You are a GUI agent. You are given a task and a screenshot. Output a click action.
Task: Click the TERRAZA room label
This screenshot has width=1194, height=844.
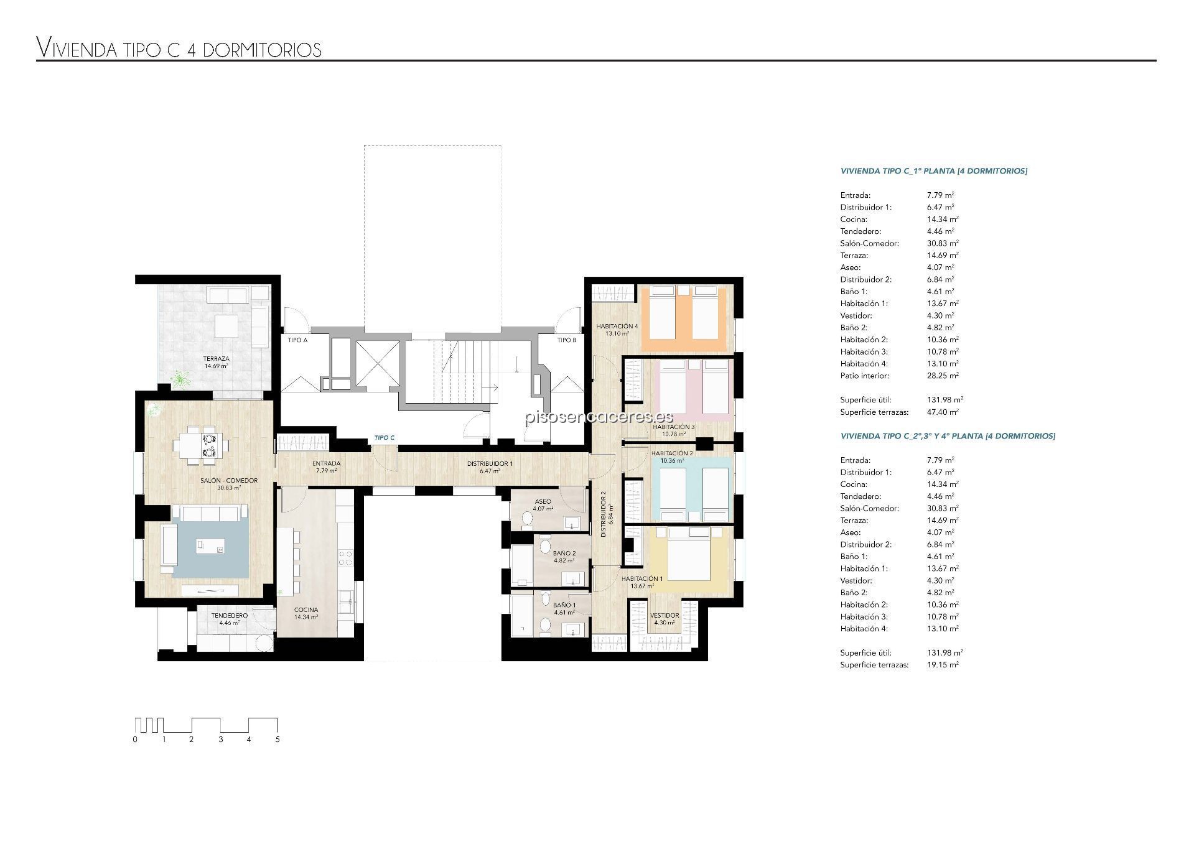pyautogui.click(x=216, y=359)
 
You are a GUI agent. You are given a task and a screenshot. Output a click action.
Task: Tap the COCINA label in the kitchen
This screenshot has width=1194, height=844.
pyautogui.click(x=306, y=610)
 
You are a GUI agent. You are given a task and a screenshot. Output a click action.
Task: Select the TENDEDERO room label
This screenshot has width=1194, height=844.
pyautogui.click(x=230, y=616)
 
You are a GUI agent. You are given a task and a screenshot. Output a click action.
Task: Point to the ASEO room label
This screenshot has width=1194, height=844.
pyautogui.click(x=543, y=501)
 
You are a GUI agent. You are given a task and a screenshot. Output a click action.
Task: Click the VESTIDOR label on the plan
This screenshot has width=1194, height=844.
pyautogui.click(x=665, y=616)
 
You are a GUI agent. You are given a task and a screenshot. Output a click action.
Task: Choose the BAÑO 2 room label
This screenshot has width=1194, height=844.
pyautogui.click(x=564, y=553)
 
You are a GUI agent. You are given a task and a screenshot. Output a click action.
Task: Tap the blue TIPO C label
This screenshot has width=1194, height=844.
pyautogui.click(x=384, y=438)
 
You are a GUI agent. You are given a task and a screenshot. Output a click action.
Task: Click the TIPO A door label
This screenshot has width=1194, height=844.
pyautogui.click(x=297, y=340)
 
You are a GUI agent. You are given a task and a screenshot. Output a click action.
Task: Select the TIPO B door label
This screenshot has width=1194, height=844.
pyautogui.click(x=567, y=340)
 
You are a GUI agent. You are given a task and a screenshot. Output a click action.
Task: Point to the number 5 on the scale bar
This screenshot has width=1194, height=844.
pyautogui.click(x=278, y=740)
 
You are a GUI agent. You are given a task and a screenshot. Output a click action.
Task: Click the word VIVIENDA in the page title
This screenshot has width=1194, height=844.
pyautogui.click(x=77, y=48)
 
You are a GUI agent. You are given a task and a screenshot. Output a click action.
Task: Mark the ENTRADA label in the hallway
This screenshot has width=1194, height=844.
pyautogui.click(x=326, y=463)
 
